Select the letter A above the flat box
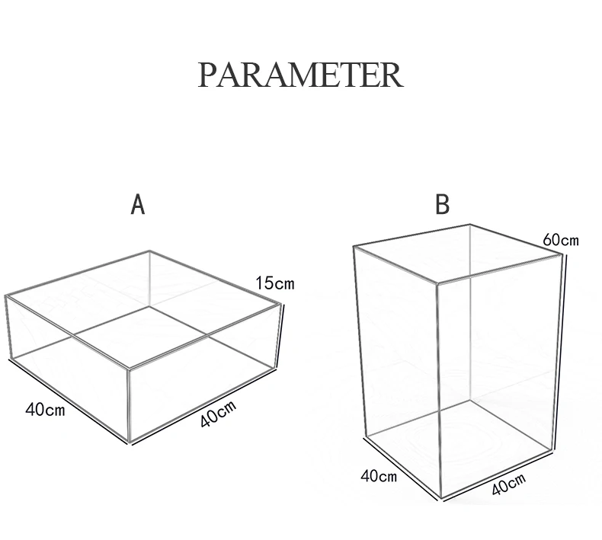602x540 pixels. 138,205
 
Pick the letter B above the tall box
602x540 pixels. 442,205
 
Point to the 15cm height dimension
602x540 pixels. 274,284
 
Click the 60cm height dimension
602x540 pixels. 561,240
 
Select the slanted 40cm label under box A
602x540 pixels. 218,414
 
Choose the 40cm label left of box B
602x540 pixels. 379,477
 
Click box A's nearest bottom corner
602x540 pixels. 130,441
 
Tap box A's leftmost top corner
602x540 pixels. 6,296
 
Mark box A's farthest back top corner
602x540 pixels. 150,251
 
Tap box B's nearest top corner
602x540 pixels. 437,283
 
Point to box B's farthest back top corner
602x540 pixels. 470,225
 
